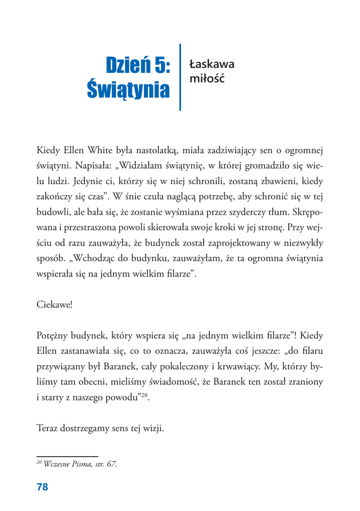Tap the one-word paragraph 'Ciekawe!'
(x=55, y=303)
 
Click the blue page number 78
(x=42, y=486)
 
